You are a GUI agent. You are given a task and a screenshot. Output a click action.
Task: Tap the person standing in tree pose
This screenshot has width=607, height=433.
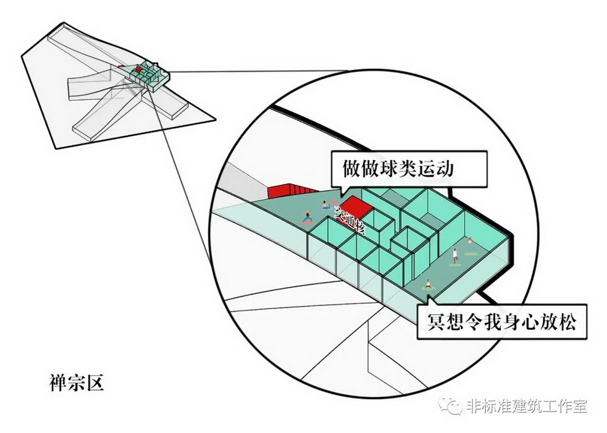pos(455,255)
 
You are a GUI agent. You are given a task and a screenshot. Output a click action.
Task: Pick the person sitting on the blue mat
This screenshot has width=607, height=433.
pos(325,205)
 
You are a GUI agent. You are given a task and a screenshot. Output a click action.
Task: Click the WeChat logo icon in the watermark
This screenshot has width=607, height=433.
pos(451,406)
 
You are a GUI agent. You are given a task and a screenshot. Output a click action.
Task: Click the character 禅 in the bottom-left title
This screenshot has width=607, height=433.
pos(58,383)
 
